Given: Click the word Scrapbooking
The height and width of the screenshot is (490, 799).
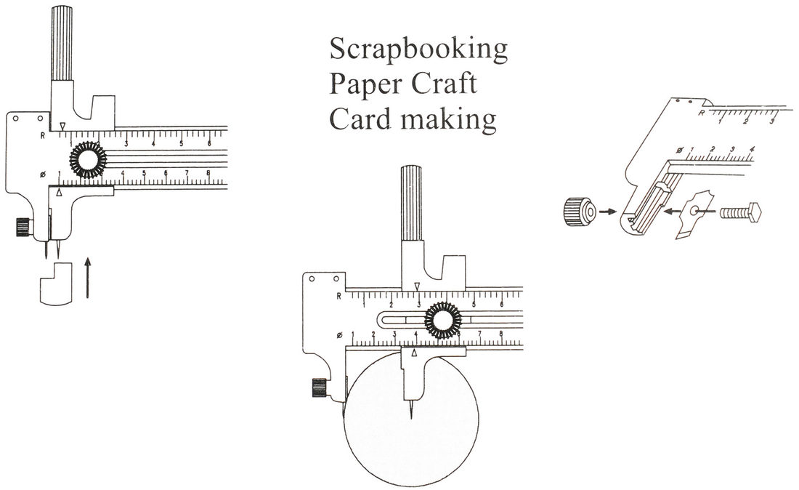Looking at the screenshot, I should tap(418, 51).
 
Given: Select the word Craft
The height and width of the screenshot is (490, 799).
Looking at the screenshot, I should tap(446, 84).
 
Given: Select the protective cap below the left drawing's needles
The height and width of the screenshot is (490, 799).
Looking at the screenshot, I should tap(55, 284).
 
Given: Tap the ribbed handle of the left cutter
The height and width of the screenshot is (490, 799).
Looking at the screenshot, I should tap(60, 44).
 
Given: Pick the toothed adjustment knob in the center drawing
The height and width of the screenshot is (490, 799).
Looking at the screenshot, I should tap(441, 320).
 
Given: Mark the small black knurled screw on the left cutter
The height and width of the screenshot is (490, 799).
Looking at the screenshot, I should tap(21, 228).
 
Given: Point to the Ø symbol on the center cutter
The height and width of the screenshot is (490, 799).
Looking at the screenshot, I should tap(340, 334).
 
